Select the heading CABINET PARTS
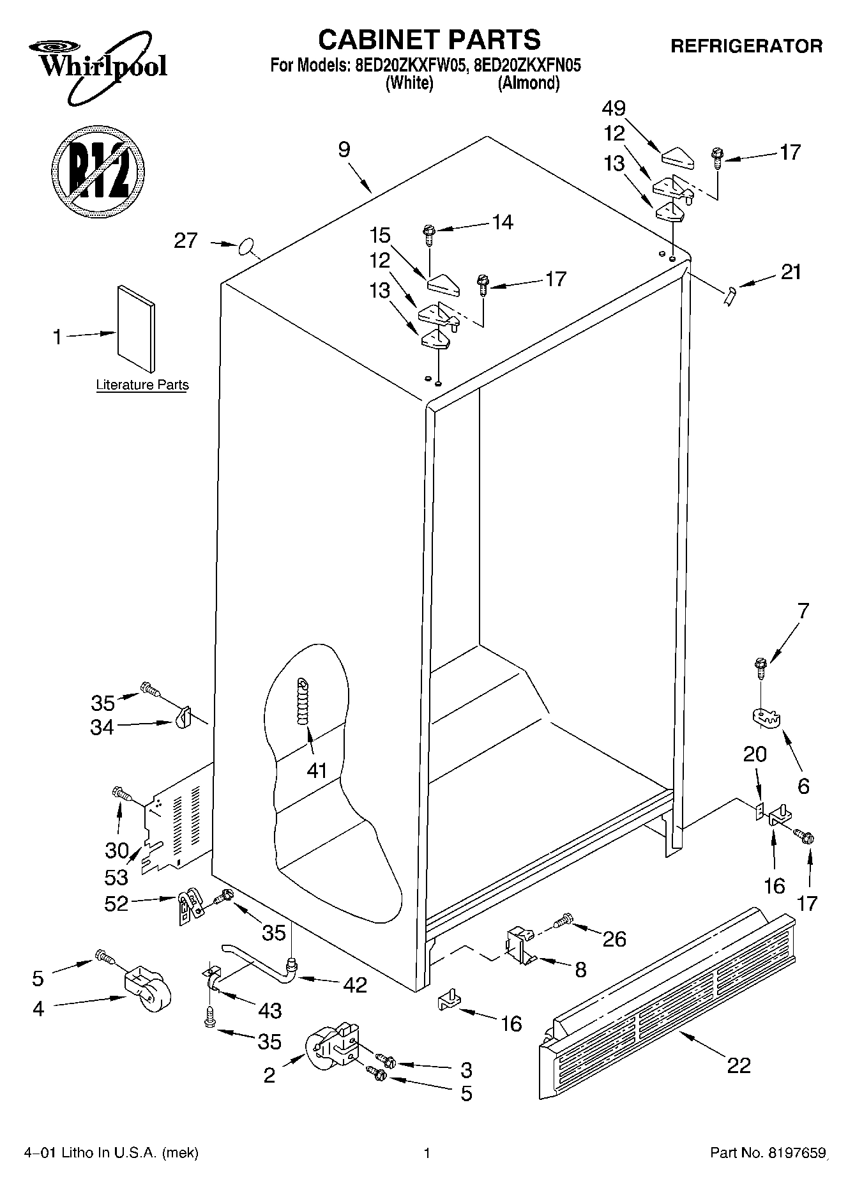tap(429, 40)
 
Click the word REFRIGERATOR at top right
tap(746, 46)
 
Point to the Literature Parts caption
tap(142, 385)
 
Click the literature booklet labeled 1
tap(135, 328)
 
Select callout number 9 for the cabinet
tap(344, 150)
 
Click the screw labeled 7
tap(760, 668)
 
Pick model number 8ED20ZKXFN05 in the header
tap(527, 65)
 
